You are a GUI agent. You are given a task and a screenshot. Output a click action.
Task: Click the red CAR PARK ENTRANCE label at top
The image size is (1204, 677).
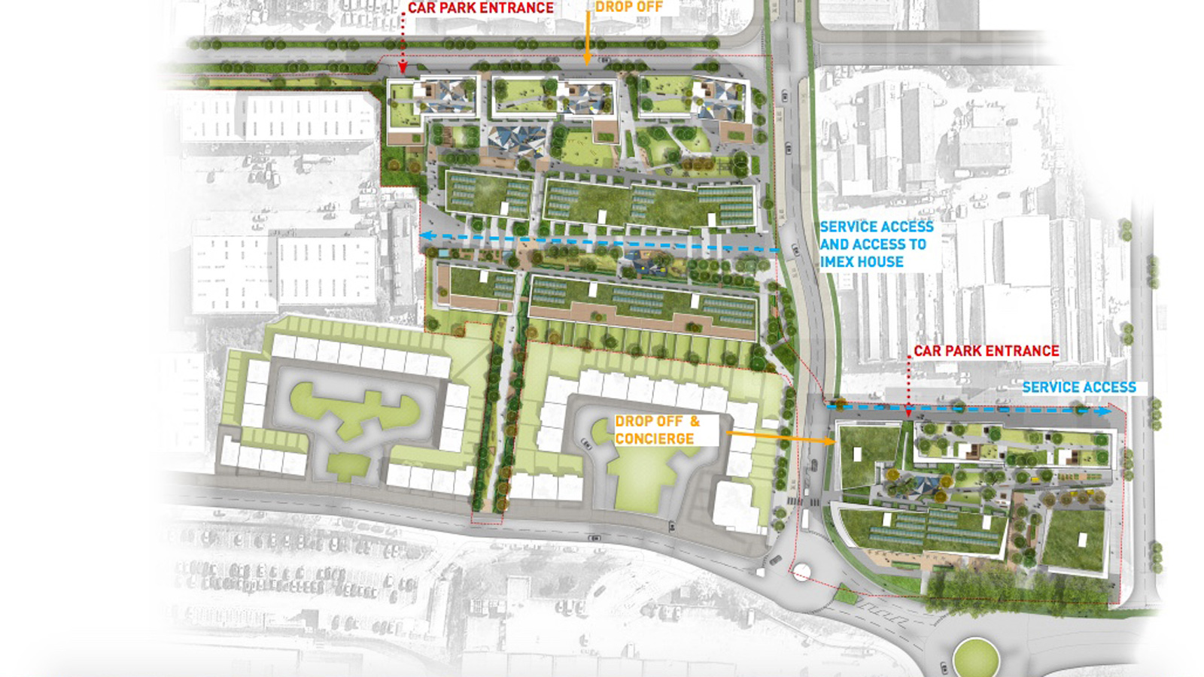pos(480,8)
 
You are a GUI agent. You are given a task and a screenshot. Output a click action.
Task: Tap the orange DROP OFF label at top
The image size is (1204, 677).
pos(629,7)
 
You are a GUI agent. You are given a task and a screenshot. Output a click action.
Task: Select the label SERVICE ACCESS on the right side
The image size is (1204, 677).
pos(1078,387)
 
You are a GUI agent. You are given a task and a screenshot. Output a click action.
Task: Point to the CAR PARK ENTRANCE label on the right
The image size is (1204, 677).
pos(986,351)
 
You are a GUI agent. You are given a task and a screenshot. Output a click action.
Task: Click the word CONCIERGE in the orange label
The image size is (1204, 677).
pos(654,439)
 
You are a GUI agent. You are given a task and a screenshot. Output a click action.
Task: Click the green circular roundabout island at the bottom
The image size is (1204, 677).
pos(975,657)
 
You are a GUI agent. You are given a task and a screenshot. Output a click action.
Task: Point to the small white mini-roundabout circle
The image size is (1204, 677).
pos(802,574)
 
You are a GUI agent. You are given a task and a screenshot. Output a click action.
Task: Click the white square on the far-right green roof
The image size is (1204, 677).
pos(1082,540)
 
